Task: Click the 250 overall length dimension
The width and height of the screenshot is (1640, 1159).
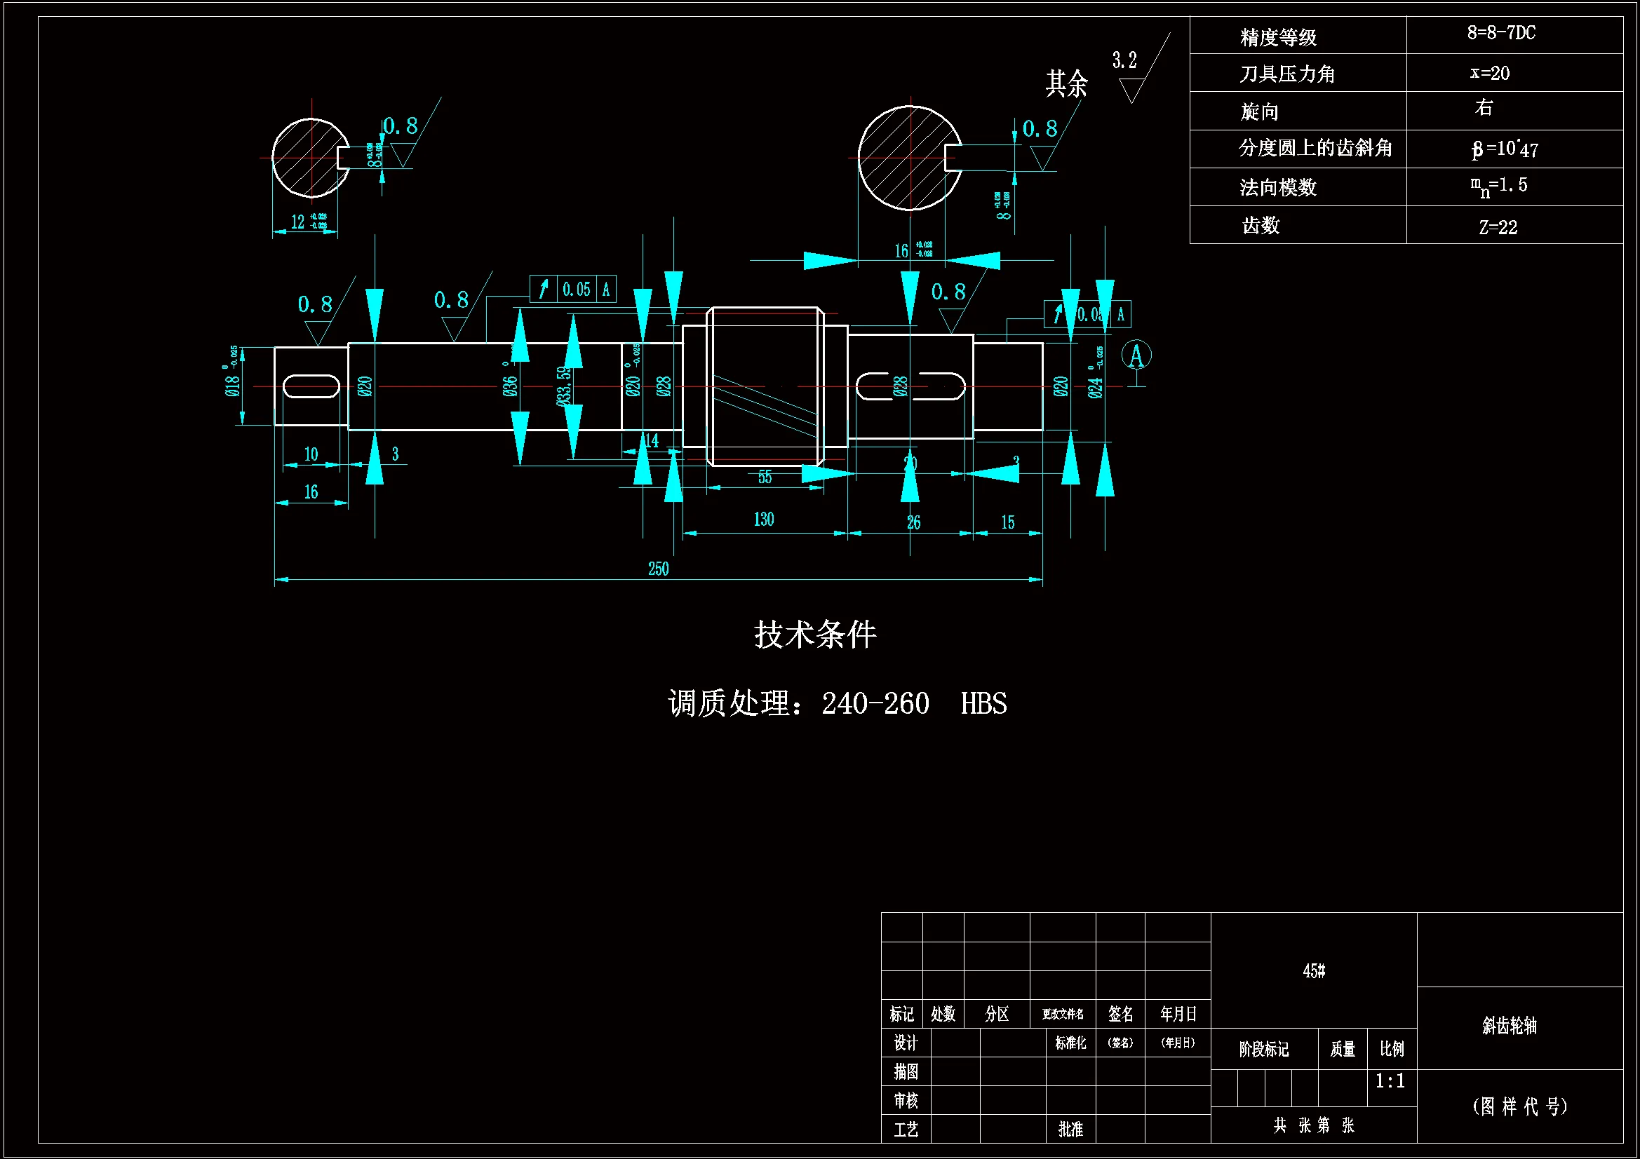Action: (x=658, y=569)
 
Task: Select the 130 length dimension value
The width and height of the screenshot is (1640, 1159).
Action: (x=764, y=519)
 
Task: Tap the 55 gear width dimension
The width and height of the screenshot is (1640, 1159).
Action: (x=765, y=477)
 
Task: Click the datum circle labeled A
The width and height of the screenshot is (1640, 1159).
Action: (x=1136, y=355)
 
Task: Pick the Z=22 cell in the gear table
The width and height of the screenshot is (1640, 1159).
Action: (x=1498, y=227)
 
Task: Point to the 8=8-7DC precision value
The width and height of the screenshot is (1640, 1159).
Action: (x=1500, y=33)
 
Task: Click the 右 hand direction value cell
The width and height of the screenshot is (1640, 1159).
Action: (x=1484, y=108)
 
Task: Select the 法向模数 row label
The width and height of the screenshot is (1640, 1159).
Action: (x=1278, y=187)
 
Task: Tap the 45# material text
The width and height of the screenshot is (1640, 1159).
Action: (x=1314, y=970)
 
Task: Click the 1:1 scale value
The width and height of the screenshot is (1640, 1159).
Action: (x=1390, y=1080)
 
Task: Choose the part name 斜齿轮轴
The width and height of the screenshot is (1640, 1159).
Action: (x=1510, y=1026)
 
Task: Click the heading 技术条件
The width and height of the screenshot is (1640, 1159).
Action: (x=815, y=634)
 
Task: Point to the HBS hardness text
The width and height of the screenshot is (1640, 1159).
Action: (x=983, y=703)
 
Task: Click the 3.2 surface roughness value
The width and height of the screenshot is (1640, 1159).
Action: (x=1124, y=61)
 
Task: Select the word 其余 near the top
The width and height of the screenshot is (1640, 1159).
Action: (x=1066, y=83)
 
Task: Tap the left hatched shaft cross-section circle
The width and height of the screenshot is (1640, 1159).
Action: (x=307, y=158)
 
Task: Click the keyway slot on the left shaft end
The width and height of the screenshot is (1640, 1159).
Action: (x=311, y=386)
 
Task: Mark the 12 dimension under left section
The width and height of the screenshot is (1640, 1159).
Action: (x=298, y=222)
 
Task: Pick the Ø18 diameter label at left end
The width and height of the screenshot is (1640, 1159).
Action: (x=232, y=386)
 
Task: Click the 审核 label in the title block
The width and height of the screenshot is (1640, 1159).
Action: (x=906, y=1099)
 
